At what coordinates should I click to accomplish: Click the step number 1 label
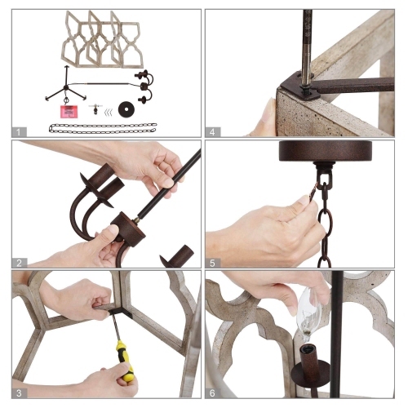point(19,132)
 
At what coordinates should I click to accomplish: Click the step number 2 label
point(19,263)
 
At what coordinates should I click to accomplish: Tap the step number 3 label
point(19,393)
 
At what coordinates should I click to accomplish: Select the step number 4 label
point(212,132)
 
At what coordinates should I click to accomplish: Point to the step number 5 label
point(212,263)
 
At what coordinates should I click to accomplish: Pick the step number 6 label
point(212,393)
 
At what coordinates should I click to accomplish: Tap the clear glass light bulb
point(308,315)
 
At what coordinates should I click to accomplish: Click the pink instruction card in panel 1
point(69,112)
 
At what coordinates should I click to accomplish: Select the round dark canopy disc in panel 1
point(126,109)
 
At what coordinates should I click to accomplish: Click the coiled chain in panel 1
point(103,128)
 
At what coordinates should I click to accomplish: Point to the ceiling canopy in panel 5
point(326,152)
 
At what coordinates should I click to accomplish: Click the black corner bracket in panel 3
point(120,313)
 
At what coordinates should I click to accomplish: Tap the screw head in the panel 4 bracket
point(304,87)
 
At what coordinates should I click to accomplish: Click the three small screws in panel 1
point(109,112)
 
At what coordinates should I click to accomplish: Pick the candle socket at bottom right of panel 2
point(177,256)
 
